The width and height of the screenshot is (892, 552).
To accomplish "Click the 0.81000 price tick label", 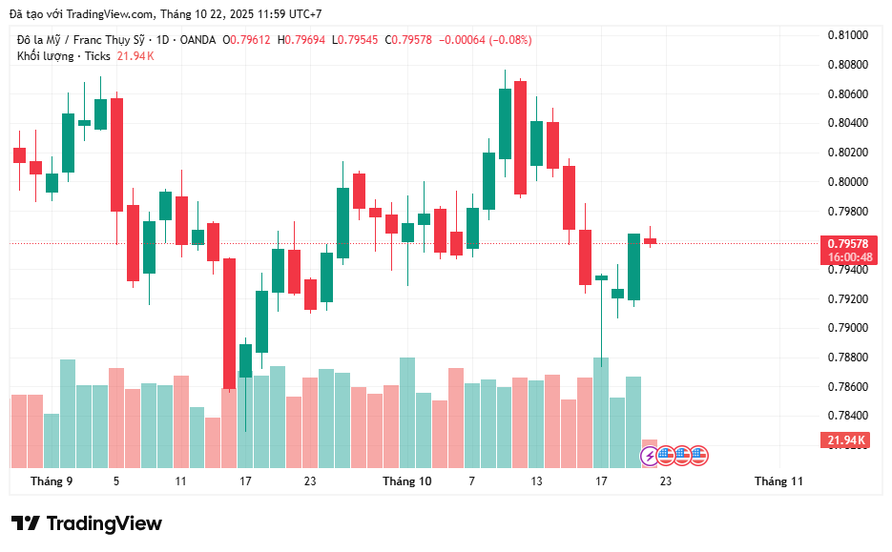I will pyautogui.click(x=847, y=35).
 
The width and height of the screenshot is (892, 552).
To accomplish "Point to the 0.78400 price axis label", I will pyautogui.click(x=847, y=416).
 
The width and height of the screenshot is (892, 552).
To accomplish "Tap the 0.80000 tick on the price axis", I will pyautogui.click(x=847, y=182).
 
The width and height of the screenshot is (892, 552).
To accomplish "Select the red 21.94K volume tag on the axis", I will pyautogui.click(x=844, y=440).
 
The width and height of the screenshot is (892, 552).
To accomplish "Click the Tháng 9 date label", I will pyautogui.click(x=52, y=481).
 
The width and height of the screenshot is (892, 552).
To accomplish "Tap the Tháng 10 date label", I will pyautogui.click(x=406, y=481).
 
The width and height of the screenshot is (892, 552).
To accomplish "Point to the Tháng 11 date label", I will pyautogui.click(x=778, y=481).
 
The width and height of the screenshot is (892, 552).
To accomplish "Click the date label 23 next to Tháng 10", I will pyautogui.click(x=310, y=481).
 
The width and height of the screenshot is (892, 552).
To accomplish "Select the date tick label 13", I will pyautogui.click(x=537, y=481).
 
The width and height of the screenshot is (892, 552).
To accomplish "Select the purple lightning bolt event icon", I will pyautogui.click(x=651, y=456).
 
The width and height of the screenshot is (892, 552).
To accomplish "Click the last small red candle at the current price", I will pyautogui.click(x=650, y=241).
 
